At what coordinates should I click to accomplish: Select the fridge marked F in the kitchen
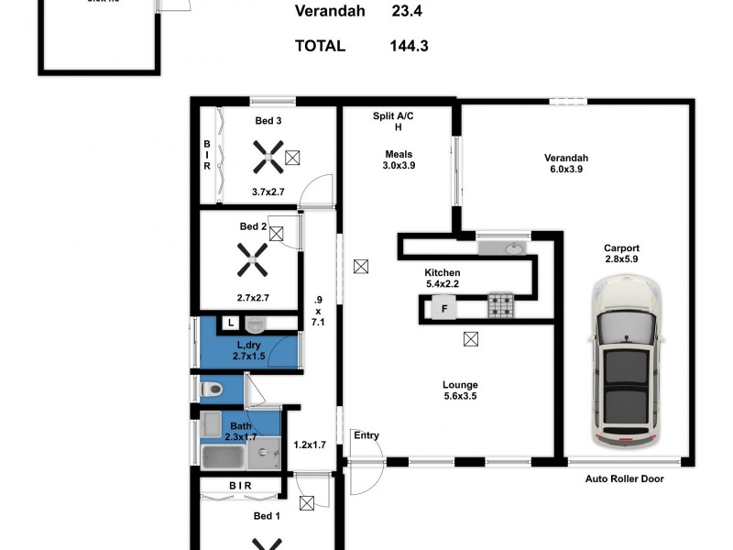tap(444, 307)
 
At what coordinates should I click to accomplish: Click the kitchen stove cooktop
tap(500, 305)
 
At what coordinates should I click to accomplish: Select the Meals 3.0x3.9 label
tap(398, 160)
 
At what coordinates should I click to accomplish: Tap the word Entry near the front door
tap(366, 436)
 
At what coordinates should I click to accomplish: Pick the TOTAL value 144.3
tap(410, 45)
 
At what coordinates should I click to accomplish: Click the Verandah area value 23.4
tap(410, 12)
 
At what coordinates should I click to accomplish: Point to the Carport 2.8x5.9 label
tap(621, 254)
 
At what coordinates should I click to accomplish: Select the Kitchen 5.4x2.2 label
tap(442, 279)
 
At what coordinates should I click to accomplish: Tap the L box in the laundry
tap(230, 323)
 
